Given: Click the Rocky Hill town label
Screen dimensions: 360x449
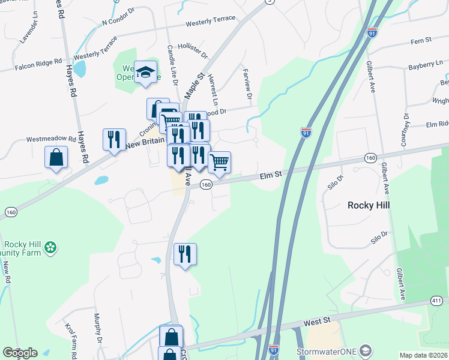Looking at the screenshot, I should point(369,205).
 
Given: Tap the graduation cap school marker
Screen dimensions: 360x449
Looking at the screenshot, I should point(145,73).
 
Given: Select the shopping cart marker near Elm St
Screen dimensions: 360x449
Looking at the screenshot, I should point(219,162).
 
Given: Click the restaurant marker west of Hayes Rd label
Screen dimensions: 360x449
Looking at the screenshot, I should point(113,140).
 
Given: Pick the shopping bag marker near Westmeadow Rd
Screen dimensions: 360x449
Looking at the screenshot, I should point(56,158).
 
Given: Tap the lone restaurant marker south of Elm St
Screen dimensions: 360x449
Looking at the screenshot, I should point(185,254).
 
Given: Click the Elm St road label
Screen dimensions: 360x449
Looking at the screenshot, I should point(270,176).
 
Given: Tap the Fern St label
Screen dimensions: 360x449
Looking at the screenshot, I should point(421,40).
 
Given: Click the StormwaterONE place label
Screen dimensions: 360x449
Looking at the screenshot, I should point(328,351).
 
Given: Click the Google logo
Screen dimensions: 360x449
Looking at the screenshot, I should point(20,353).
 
